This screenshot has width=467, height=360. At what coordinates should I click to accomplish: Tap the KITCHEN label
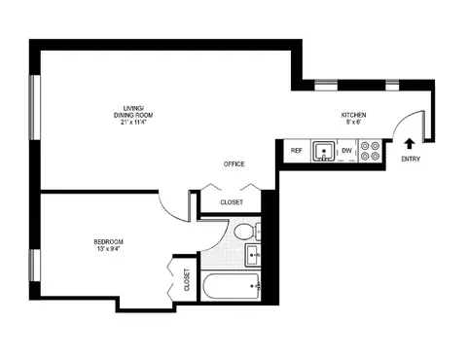(x=353, y=115)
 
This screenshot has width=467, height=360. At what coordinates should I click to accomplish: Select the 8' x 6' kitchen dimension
(x=353, y=123)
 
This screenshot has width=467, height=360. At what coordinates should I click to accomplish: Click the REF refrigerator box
(x=297, y=151)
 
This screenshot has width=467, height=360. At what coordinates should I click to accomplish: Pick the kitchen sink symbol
(x=323, y=151)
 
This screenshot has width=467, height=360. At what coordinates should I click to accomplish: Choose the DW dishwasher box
(x=346, y=151)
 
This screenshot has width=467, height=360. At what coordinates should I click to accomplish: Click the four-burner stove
(x=370, y=151)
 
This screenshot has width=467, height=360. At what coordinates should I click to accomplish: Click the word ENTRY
(x=411, y=160)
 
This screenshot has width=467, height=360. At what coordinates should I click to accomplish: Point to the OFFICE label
(x=233, y=163)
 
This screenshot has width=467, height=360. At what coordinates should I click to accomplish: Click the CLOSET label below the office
(x=232, y=202)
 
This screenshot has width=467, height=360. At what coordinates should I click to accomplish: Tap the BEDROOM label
(x=108, y=240)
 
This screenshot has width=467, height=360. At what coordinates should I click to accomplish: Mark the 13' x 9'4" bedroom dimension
(x=108, y=249)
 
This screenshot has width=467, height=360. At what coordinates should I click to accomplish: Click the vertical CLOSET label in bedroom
(x=187, y=281)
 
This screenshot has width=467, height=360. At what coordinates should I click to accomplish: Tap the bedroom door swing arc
(x=171, y=205)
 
